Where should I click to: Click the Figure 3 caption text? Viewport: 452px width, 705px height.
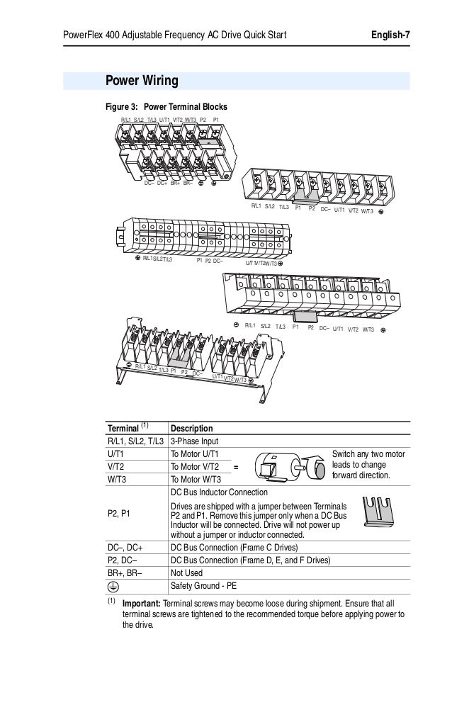point(166,107)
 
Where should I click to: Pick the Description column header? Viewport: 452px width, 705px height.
point(191,429)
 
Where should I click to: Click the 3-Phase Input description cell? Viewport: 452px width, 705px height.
point(196,441)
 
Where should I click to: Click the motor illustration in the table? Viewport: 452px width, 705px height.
point(283,467)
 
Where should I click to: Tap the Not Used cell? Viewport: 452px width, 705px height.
point(186,573)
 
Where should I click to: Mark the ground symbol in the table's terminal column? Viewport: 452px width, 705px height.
point(114,586)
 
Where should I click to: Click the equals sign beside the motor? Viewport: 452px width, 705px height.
point(236,467)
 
